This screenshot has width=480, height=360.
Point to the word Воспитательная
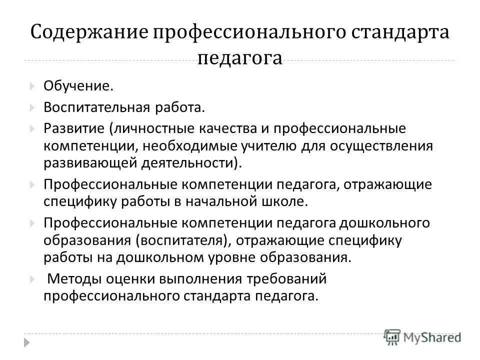96,107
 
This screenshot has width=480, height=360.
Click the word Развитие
73,128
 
